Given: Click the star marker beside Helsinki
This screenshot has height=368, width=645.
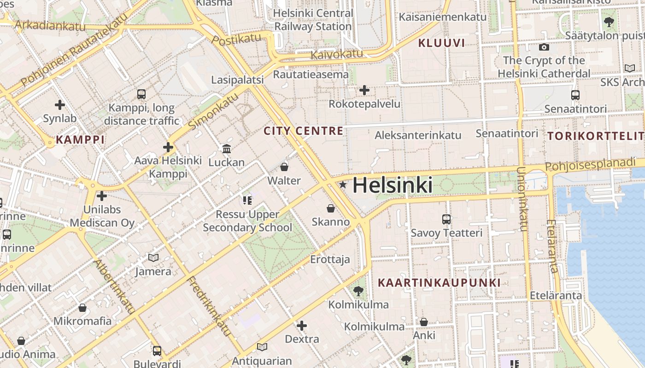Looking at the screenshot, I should tap(343, 185).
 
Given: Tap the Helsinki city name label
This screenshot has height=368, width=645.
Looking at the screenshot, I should tap(393, 185).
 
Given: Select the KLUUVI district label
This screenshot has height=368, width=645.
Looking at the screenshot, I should tap(441, 43).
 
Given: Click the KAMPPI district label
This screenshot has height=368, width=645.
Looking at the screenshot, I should tap(80, 140).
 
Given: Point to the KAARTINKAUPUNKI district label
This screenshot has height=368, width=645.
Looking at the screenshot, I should tap(439, 282).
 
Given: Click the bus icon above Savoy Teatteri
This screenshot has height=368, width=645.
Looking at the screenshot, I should tap(446, 219).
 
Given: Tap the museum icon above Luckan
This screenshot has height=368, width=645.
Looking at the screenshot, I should tap(227, 149).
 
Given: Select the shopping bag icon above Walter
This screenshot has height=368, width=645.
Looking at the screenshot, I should tap(284, 167).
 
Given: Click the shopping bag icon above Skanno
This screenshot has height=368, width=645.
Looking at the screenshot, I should tap(331, 208).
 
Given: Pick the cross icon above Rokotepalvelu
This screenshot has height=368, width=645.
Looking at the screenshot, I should tap(364, 90).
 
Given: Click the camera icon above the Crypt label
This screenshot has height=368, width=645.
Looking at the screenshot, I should tap(544, 47).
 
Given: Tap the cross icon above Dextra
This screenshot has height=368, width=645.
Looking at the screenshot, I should tap(302, 326).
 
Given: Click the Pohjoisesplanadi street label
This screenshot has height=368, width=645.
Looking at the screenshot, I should tap(594, 165).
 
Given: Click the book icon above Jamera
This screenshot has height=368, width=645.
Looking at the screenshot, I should tap(153, 258).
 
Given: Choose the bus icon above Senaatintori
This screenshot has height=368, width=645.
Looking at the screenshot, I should tap(575, 95).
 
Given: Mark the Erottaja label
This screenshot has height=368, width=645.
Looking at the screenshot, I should tap(330, 259).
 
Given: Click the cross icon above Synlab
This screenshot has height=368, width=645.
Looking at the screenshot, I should tap(60, 105).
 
